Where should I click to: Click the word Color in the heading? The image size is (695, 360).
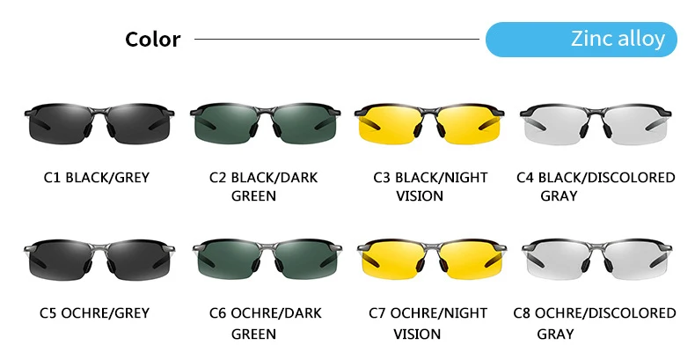(152, 40)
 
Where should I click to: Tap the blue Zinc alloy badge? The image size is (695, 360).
(582, 40)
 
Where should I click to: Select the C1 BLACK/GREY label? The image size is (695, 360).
(96, 178)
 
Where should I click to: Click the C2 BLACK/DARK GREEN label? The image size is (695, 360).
(263, 186)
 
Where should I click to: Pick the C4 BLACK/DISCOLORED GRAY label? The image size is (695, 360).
(596, 186)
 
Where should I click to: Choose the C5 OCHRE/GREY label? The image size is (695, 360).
(96, 313)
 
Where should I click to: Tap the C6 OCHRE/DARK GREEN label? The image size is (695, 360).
(265, 323)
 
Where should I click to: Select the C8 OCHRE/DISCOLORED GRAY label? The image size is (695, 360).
(595, 323)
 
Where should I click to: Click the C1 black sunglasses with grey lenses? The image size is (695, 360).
(96, 122)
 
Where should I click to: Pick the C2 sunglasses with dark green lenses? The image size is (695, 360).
(263, 122)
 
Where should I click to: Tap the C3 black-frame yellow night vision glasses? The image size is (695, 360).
(428, 122)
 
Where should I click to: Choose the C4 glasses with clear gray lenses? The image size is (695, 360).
(595, 122)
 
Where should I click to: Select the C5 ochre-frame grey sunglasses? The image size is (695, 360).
(96, 259)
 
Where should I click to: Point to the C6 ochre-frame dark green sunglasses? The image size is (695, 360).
(263, 259)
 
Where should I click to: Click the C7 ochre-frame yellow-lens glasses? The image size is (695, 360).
(429, 259)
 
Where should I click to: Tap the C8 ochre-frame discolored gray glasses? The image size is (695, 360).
(595, 259)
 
